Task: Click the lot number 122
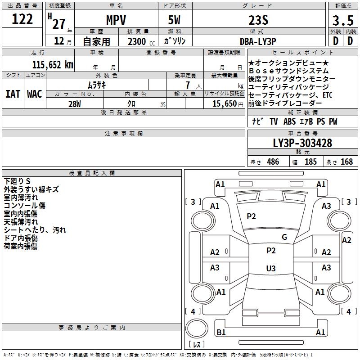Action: pyautogui.click(x=22, y=19)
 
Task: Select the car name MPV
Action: pyautogui.click(x=116, y=20)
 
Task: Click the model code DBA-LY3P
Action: pyautogui.click(x=258, y=41)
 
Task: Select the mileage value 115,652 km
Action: pyautogui.click(x=52, y=64)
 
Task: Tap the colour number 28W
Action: pyautogui.click(x=74, y=103)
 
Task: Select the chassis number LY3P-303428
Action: pyautogui.click(x=302, y=143)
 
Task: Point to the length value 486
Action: pyautogui.click(x=273, y=162)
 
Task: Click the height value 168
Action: pyautogui.click(x=346, y=162)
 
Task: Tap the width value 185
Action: pyautogui.click(x=310, y=162)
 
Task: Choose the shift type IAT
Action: pyautogui.click(x=13, y=94)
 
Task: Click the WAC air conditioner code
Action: pyautogui.click(x=35, y=94)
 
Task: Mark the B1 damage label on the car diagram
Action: pyautogui.click(x=221, y=333)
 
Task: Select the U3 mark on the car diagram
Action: pyautogui.click(x=270, y=269)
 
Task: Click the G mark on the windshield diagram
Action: pyautogui.click(x=284, y=237)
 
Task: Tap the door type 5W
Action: pyautogui.click(x=175, y=20)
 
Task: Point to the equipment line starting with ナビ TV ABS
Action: pyautogui.click(x=294, y=121)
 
